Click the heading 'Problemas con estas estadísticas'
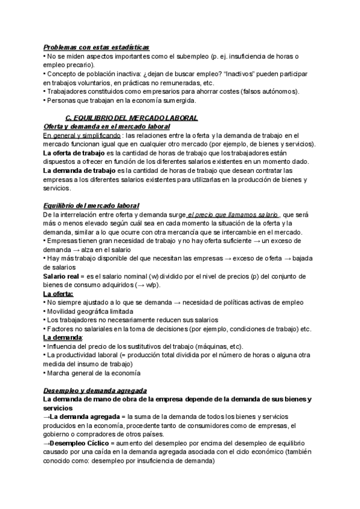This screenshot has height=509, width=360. pos(97,46)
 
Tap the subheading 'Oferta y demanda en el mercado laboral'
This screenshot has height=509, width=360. pos(107,127)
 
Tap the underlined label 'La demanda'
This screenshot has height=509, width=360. pos(61,337)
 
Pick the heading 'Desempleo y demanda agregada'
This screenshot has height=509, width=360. pos(95,390)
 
